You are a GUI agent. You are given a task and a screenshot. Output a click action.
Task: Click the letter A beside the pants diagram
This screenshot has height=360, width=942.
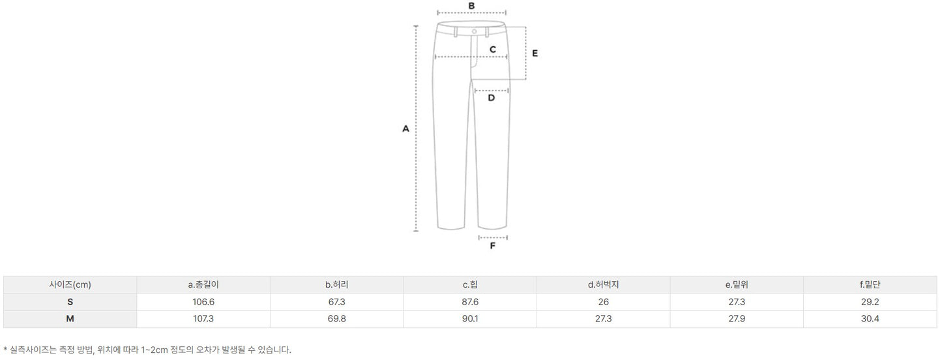click(405, 128)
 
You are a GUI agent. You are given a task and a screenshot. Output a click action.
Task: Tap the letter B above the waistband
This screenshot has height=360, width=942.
click(471, 6)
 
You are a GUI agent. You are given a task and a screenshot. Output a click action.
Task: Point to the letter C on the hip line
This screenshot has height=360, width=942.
click(492, 50)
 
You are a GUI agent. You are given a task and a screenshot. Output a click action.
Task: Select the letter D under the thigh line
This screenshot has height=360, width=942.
click(491, 98)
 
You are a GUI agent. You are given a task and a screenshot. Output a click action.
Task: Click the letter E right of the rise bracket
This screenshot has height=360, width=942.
click(535, 53)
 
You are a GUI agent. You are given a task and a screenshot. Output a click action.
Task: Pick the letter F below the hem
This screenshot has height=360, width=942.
click(492, 246)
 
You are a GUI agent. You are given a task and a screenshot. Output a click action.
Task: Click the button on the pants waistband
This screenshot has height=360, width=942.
click(474, 31)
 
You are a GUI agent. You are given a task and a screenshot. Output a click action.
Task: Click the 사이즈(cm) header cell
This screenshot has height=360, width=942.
click(70, 285)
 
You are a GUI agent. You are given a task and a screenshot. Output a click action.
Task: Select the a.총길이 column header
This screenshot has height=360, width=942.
click(203, 285)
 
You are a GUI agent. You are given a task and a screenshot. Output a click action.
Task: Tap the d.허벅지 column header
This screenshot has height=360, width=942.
click(603, 285)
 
